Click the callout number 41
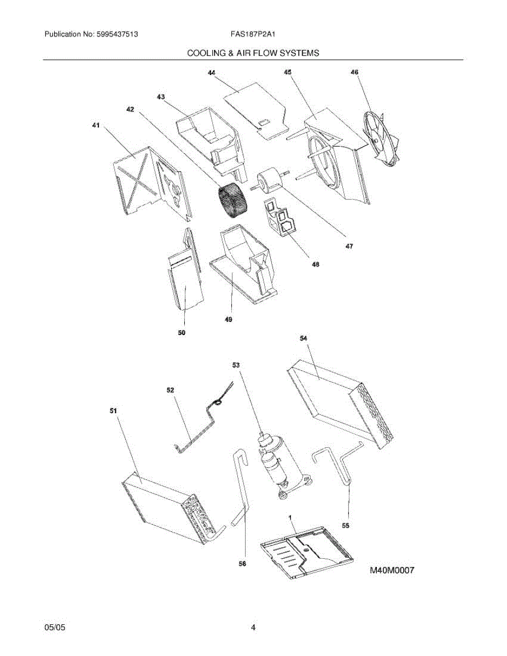[x=96, y=126]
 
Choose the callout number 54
[x=304, y=338]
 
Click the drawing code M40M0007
[x=392, y=571]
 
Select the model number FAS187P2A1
[x=253, y=34]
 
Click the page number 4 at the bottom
[x=253, y=628]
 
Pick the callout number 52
[x=170, y=390]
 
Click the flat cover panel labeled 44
[x=255, y=106]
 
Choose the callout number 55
[x=345, y=525]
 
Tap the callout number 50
[x=182, y=332]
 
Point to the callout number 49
[x=229, y=320]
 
